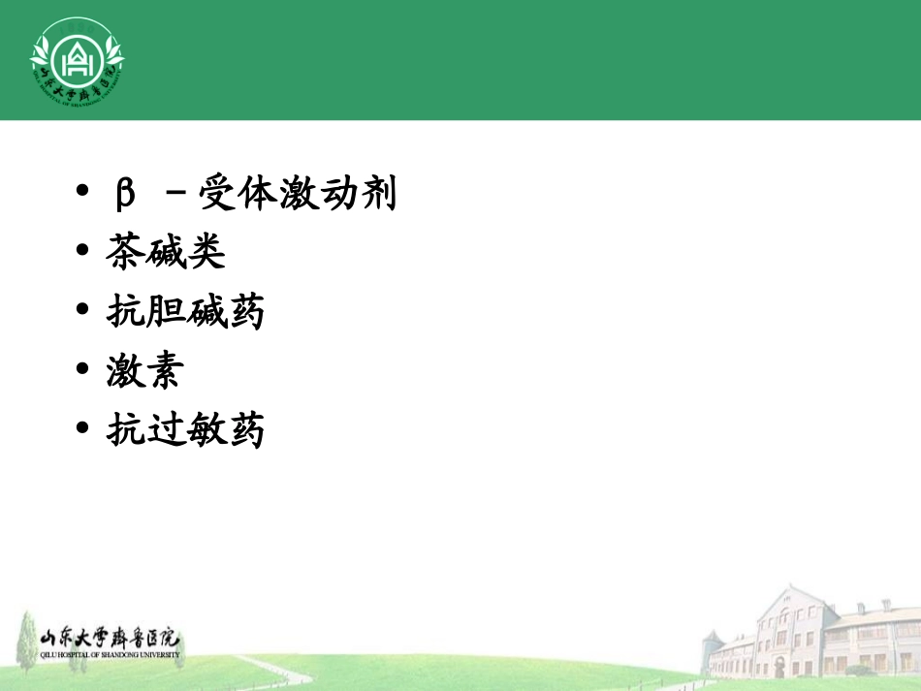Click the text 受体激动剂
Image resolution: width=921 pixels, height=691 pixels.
[x=298, y=195]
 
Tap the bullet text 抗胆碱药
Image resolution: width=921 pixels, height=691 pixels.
[x=185, y=312]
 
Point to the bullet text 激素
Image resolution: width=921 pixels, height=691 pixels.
[x=145, y=371]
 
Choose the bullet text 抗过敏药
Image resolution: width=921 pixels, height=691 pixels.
[x=185, y=430]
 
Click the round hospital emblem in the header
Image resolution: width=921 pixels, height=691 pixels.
[x=77, y=60]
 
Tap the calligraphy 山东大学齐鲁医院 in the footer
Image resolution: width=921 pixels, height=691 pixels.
[x=110, y=640]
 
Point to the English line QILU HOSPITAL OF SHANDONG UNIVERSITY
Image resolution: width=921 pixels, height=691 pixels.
[x=110, y=655]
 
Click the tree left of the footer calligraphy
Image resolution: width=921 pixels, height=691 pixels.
[x=22, y=635]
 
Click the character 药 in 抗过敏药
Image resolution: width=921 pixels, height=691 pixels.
[x=245, y=430]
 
